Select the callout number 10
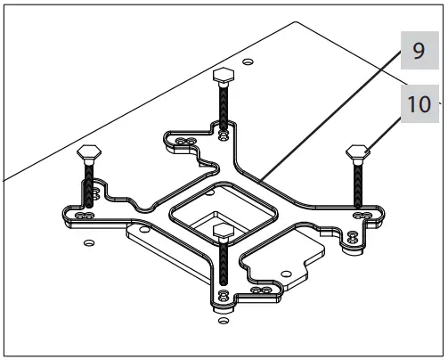pyautogui.click(x=418, y=103)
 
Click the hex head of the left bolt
pyautogui.click(x=89, y=151)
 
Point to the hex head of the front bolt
pyautogui.click(x=222, y=233)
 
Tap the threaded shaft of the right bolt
pyautogui.click(x=358, y=183)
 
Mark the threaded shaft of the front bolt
pyautogui.click(x=222, y=267)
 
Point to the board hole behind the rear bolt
pyautogui.click(x=248, y=61)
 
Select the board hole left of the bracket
pyautogui.click(x=86, y=242)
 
